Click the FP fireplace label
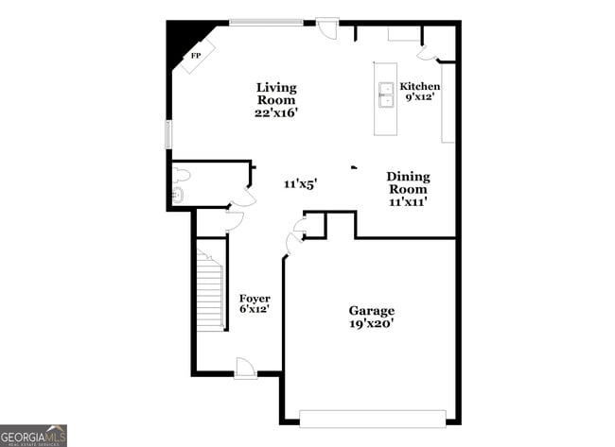(x=196, y=57)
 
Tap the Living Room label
(x=275, y=94)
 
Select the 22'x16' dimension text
(x=275, y=112)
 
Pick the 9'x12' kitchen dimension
(x=419, y=96)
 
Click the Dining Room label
(x=408, y=182)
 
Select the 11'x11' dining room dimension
(x=408, y=201)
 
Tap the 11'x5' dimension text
(x=299, y=184)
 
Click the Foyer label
(x=254, y=299)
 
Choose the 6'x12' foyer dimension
(x=254, y=310)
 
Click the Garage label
(x=371, y=311)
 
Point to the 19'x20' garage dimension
(x=371, y=324)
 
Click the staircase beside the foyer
(x=210, y=288)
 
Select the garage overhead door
(x=372, y=417)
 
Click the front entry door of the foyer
(x=245, y=370)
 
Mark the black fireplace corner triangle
(x=177, y=38)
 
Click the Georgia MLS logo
(x=34, y=436)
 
